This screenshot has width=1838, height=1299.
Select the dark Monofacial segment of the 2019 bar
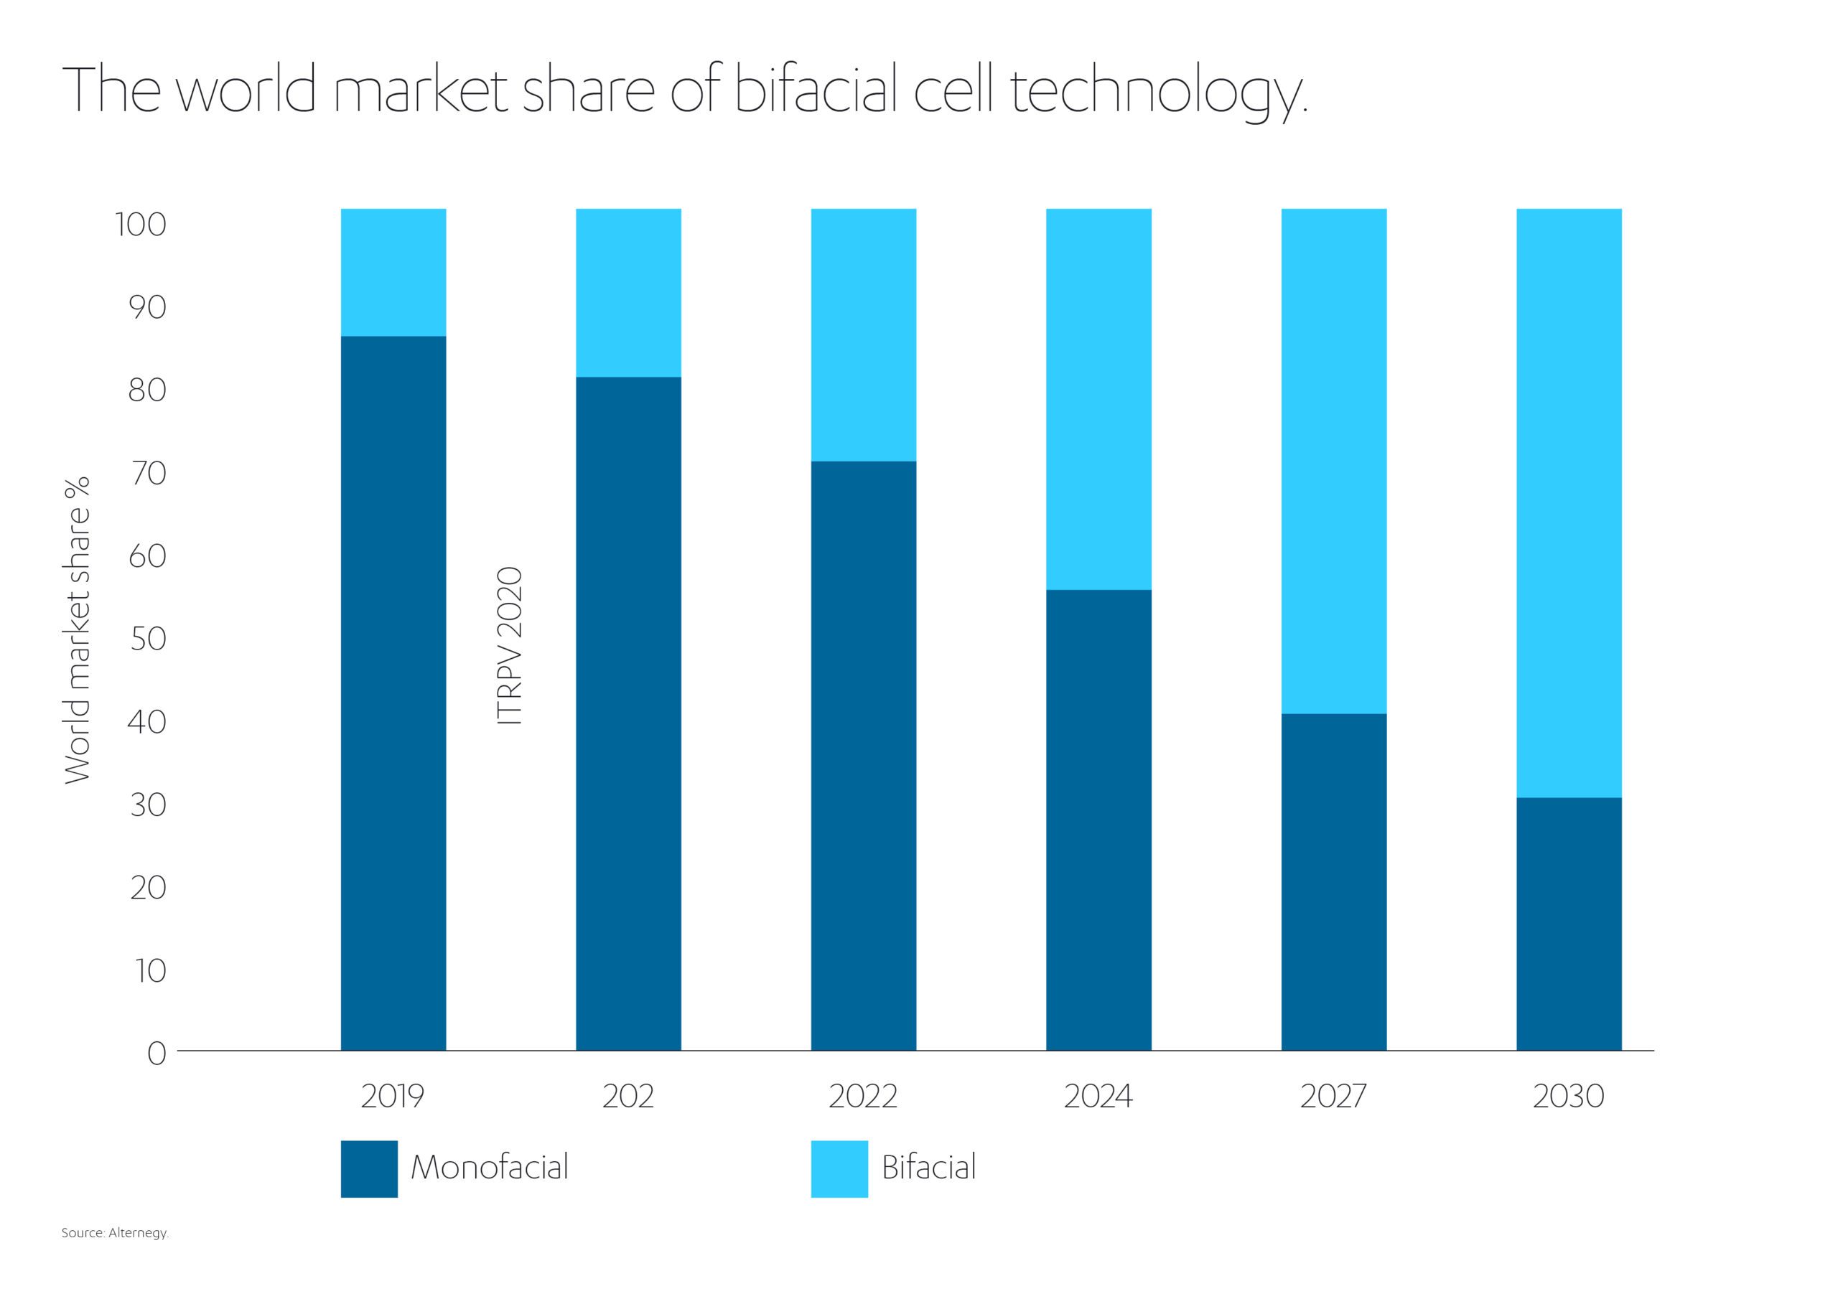pyautogui.click(x=393, y=693)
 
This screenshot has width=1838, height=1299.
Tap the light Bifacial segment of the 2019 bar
pyautogui.click(x=393, y=272)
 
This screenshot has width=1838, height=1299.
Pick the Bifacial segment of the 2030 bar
pyautogui.click(x=1569, y=503)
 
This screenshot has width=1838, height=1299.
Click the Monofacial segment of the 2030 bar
pyautogui.click(x=1569, y=924)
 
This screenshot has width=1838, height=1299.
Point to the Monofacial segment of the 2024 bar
pyautogui.click(x=1098, y=820)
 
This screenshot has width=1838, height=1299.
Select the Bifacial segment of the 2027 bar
pyautogui.click(x=1334, y=461)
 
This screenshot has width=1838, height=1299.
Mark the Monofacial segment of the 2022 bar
pyautogui.click(x=864, y=756)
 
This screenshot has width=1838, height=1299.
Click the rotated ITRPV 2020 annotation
pyautogui.click(x=510, y=646)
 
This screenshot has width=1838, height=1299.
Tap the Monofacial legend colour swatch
pyautogui.click(x=369, y=1168)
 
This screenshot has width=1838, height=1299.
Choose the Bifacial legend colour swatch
pyautogui.click(x=839, y=1168)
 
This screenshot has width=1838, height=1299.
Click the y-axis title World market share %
pyautogui.click(x=78, y=630)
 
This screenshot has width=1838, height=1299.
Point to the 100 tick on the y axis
pyautogui.click(x=141, y=225)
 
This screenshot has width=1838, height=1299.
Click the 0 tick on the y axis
pyautogui.click(x=157, y=1054)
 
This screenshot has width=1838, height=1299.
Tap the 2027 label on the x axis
pyautogui.click(x=1333, y=1096)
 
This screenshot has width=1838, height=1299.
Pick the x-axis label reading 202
pyautogui.click(x=628, y=1096)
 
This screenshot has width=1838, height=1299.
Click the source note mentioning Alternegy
pyautogui.click(x=116, y=1234)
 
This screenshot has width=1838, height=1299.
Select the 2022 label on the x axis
pyautogui.click(x=863, y=1096)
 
